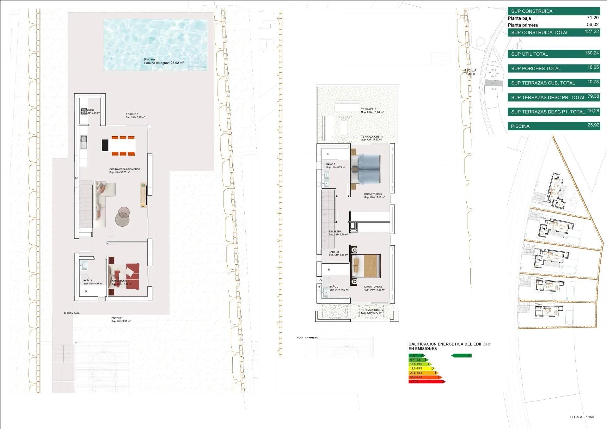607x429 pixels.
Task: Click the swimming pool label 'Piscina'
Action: pos(150,59)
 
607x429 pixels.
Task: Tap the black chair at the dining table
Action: pos(105,145)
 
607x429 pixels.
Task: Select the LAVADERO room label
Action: pos(88,110)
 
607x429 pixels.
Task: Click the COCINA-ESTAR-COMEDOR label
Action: pos(125,169)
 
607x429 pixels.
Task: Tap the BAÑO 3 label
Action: pos(331,164)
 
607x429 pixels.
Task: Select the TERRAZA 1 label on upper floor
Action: pos(369,109)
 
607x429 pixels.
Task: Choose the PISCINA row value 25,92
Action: pos(593,125)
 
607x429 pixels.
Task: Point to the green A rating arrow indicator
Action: pos(461,356)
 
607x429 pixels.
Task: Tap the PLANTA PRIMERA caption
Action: pos(307,338)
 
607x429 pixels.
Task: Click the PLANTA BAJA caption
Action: pos(72,313)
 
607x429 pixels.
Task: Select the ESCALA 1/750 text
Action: pos(582,417)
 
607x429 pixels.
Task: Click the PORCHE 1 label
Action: pos(117,318)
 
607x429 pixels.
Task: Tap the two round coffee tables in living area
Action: pos(123,216)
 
